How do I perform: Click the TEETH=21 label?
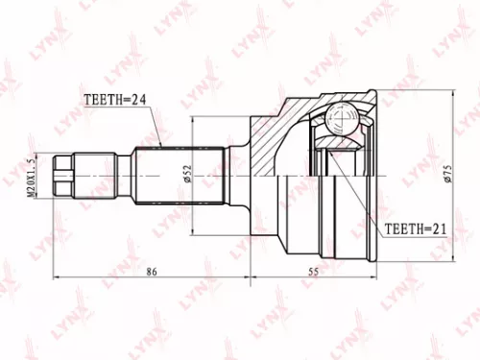(x=415, y=230)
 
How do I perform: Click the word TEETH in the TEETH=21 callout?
(x=402, y=230)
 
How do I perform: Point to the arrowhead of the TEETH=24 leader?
(x=158, y=145)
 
